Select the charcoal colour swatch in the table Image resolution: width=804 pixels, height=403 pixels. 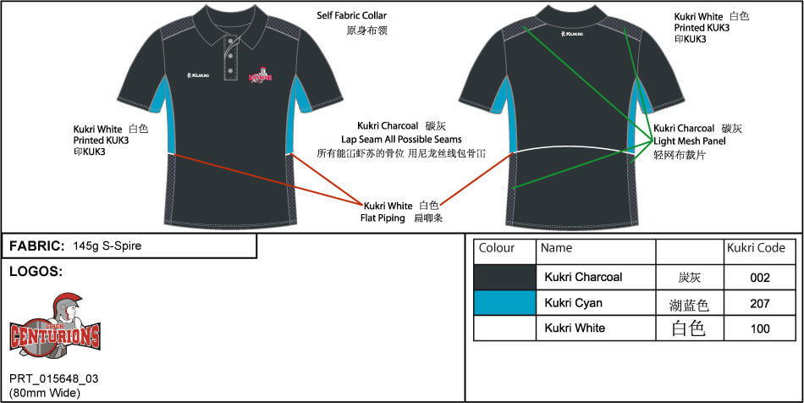point(504,277)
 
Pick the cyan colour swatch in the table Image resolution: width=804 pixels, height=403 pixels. point(504,302)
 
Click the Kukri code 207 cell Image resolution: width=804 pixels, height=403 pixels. point(759,302)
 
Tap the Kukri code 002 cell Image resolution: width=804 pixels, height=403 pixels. point(759,277)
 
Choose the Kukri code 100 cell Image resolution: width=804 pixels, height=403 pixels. point(759,328)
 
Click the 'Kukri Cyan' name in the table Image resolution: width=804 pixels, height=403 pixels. point(573,302)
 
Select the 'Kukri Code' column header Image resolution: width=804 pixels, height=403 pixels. point(756,248)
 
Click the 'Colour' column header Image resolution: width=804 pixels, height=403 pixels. point(497,248)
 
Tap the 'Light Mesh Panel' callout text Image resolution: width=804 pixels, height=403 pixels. point(690,141)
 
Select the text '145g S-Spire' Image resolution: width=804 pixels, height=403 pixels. point(107,246)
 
